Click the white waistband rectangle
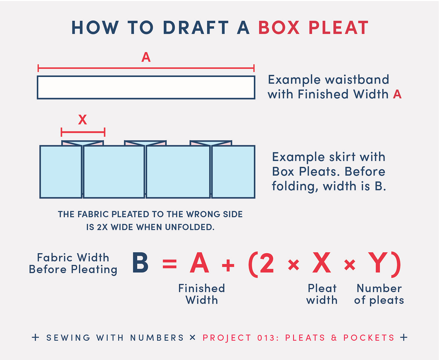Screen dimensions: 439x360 (146, 87)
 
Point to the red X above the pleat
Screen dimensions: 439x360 (82, 119)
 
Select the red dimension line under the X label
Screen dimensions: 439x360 (83, 132)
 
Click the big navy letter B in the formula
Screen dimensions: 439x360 (140, 263)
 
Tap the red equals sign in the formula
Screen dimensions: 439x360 (170, 264)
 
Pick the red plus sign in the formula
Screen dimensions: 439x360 (228, 265)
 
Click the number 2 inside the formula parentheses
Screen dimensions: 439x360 (267, 263)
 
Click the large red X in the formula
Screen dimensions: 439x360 (321, 263)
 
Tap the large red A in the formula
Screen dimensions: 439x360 (199, 263)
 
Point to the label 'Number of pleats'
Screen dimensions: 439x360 (379, 294)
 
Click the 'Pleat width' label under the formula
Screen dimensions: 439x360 (322, 294)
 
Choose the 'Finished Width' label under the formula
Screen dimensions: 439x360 (201, 294)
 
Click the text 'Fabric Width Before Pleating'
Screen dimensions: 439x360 (73, 263)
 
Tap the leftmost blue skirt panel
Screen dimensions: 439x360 (61, 172)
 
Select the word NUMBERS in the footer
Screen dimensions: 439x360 (157, 337)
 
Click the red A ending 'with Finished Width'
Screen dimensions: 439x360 (397, 94)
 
